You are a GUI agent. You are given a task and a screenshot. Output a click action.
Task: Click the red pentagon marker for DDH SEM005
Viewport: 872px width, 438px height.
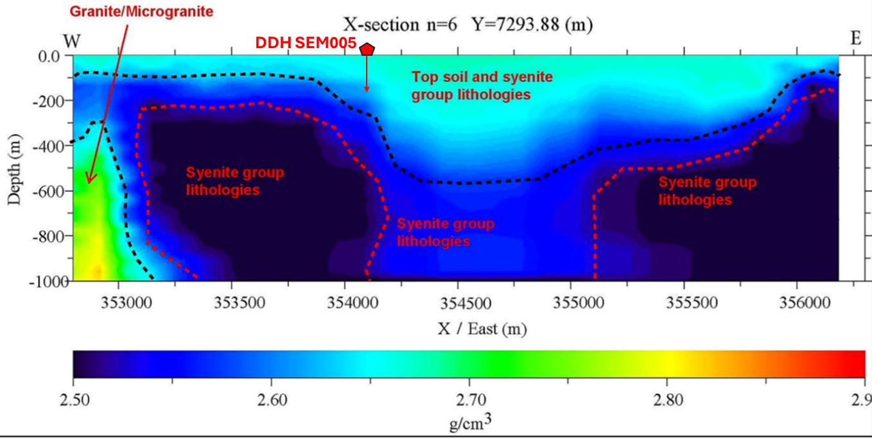(367, 49)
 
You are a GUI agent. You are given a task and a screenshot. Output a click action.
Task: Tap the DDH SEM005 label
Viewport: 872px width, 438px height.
(306, 43)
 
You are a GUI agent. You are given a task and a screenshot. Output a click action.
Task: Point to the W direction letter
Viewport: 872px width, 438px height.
(72, 41)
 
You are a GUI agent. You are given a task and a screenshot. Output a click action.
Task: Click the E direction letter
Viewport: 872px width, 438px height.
(855, 38)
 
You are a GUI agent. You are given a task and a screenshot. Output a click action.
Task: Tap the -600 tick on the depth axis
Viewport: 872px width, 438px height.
(46, 191)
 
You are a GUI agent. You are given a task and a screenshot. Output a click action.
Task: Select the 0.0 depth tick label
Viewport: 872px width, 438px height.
(49, 56)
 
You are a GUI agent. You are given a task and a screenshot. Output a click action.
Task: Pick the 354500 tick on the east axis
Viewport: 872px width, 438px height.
(457, 301)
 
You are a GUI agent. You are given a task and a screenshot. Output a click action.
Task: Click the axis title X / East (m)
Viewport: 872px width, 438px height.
(482, 329)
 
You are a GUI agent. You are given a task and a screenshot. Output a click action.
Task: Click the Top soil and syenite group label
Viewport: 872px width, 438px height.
(482, 86)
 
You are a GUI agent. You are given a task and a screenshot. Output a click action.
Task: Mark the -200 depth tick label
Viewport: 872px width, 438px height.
(46, 101)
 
